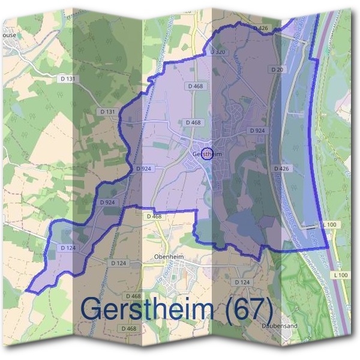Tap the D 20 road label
277,70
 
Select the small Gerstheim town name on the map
208,154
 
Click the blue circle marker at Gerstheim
206,154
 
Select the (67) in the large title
247,309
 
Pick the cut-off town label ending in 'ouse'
8,35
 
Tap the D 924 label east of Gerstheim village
257,130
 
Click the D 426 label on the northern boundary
260,28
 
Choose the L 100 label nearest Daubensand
340,275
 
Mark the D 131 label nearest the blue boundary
108,112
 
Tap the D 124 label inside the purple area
67,247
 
